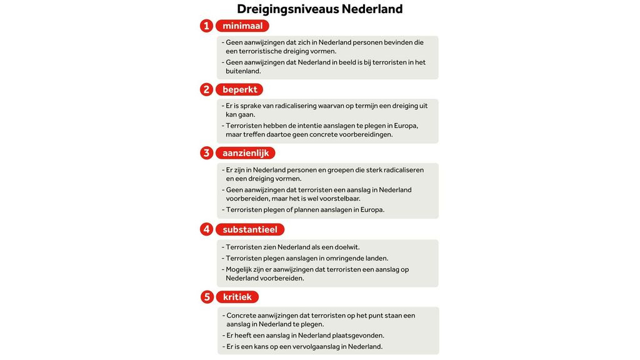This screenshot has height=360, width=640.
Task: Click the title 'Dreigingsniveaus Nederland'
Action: coord(319,9)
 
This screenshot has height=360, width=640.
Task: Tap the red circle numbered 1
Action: coord(206,26)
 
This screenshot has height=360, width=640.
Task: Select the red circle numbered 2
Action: coord(206,89)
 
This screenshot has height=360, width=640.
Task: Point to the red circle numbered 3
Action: coord(206,153)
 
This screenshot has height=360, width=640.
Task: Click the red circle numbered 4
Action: coord(206,229)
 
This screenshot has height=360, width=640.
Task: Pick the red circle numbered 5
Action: coord(207,297)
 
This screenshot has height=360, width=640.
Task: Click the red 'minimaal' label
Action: coord(242,26)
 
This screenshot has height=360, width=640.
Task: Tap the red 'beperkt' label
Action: coord(239,89)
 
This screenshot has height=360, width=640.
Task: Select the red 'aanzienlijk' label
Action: coord(246,153)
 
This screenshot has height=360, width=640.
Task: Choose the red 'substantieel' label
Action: coord(250,229)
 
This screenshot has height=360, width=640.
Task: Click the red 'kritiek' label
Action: coord(237,297)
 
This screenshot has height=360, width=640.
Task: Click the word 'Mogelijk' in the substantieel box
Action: coord(241,269)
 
